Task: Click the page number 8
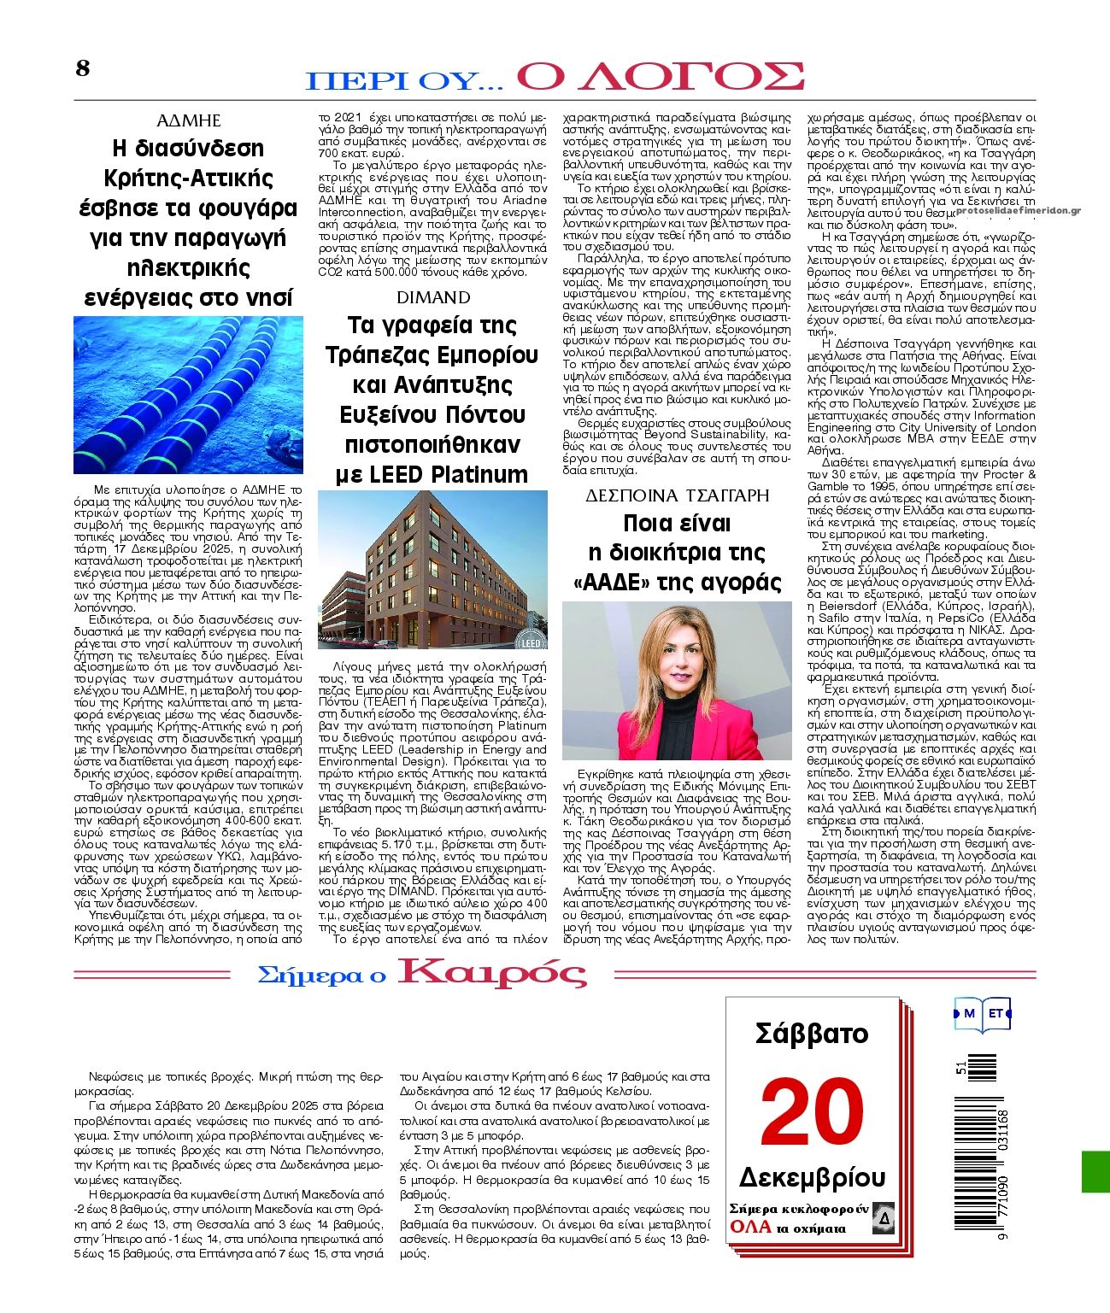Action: click(82, 68)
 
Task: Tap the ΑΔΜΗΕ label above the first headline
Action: click(188, 120)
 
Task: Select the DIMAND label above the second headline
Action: click(433, 297)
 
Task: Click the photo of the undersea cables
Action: click(188, 395)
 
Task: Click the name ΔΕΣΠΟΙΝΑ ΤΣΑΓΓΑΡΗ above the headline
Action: click(677, 495)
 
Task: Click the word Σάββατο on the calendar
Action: click(811, 1035)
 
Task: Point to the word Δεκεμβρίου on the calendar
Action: click(811, 1176)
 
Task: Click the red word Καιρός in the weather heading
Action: click(493, 973)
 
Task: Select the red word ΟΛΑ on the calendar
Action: click(750, 1228)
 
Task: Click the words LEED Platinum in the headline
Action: click(432, 474)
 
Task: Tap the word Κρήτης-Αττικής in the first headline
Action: click(188, 179)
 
